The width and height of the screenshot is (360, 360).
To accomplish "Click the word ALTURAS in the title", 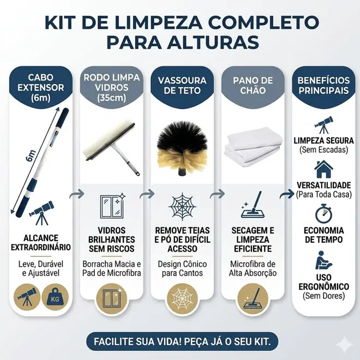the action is [x=213, y=42].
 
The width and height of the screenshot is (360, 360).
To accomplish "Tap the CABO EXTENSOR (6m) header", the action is [x=41, y=87].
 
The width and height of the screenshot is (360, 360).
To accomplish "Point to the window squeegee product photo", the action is [x=112, y=147].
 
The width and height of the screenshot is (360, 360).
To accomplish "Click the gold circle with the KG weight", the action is [x=55, y=297].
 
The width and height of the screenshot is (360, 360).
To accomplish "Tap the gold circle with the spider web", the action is [x=182, y=298].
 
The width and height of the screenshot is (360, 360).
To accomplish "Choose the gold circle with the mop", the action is [x=253, y=298].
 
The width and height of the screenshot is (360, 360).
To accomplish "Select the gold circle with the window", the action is [x=112, y=298].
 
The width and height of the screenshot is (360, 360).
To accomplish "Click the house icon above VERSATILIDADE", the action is [x=323, y=170].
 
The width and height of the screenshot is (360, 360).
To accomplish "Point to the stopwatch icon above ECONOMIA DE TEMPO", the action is [x=323, y=213].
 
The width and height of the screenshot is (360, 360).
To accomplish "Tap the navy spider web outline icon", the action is [x=182, y=207].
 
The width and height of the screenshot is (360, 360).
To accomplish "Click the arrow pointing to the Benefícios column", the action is [x=287, y=194].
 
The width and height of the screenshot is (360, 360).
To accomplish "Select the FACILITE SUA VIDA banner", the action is [x=182, y=341].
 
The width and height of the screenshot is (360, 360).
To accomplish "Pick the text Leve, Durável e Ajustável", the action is [x=41, y=268].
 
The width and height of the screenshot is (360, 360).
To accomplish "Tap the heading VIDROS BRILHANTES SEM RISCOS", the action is [x=112, y=239].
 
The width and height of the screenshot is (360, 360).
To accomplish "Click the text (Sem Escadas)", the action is [x=323, y=150].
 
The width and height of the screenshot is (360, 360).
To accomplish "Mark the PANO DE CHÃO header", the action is [x=253, y=86].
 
